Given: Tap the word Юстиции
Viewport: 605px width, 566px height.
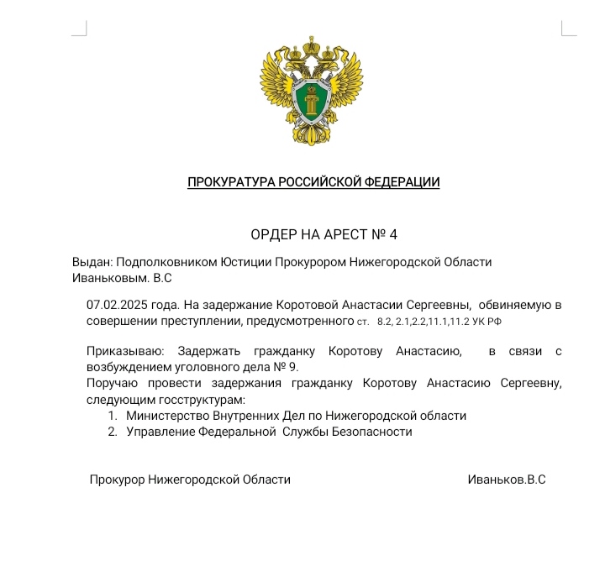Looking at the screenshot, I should click(246, 261).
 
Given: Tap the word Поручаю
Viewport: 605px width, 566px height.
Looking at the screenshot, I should click(110, 383).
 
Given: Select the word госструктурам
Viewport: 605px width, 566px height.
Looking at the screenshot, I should click(200, 399).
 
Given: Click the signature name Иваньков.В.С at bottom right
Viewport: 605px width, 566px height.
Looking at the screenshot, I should click(506, 480).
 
